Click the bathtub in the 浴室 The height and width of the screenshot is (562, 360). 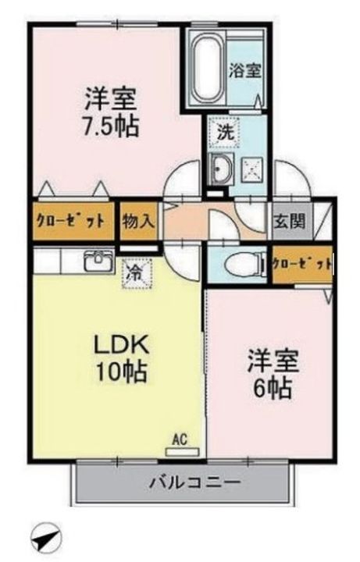[207, 69]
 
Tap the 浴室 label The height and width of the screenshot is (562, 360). [245, 70]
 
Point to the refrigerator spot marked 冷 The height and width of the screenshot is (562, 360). [137, 274]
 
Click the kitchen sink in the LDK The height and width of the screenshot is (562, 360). [98, 261]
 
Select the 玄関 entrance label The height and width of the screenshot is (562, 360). [290, 222]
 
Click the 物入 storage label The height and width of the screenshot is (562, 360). [138, 222]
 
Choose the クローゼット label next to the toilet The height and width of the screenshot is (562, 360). [302, 264]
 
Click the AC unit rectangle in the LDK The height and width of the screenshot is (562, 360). [182, 451]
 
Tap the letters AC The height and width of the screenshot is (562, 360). [180, 439]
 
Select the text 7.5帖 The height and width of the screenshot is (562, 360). [111, 126]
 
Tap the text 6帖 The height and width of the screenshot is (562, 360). [272, 389]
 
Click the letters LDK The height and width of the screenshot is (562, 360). [121, 347]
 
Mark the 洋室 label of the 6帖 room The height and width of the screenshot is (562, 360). [272, 362]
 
